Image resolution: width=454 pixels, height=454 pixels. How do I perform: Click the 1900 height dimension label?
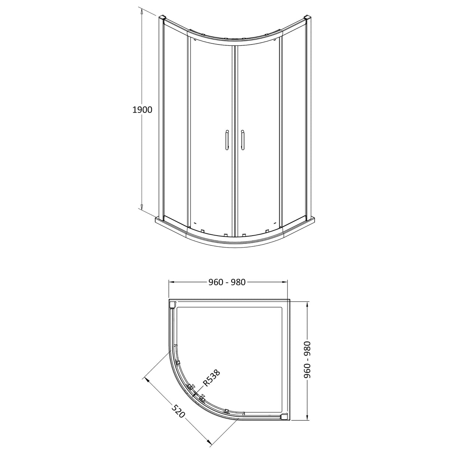click(x=142, y=110)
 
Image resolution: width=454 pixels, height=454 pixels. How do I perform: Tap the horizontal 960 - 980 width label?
click(x=227, y=282)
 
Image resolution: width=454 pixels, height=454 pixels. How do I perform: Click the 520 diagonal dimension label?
click(x=179, y=412)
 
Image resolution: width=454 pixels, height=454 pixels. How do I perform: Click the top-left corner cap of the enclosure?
click(x=162, y=18)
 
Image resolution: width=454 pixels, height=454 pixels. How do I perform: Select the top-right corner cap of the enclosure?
click(x=308, y=18)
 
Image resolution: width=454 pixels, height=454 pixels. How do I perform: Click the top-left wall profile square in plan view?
click(x=172, y=305)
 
